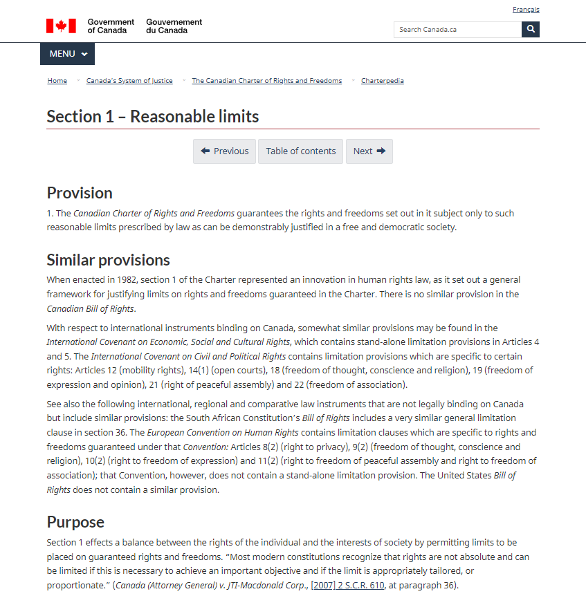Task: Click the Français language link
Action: (526, 10)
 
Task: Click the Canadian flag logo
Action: (61, 26)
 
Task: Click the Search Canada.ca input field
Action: (457, 30)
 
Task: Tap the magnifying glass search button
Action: (531, 30)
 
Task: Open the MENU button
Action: (68, 54)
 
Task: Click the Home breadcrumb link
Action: (57, 81)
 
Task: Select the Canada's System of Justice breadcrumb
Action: (129, 81)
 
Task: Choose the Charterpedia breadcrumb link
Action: (383, 81)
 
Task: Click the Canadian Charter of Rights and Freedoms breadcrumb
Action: (266, 81)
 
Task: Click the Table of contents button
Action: (301, 151)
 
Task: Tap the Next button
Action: (369, 151)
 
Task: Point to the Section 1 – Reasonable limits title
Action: (153, 116)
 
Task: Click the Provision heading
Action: (80, 193)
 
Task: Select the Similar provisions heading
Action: (108, 260)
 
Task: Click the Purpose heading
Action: (75, 522)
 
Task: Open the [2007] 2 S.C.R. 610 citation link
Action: (347, 586)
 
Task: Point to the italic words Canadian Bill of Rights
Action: (91, 309)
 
